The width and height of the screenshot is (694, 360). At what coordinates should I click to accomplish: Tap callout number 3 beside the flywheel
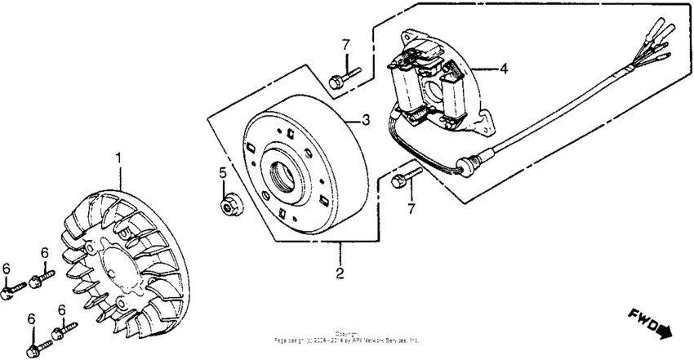point(367,120)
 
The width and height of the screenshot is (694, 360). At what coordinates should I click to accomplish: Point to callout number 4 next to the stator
point(504,69)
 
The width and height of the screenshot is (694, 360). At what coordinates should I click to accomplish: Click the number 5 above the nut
point(221,173)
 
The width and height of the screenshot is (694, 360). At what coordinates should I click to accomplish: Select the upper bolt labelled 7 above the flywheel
point(339,80)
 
